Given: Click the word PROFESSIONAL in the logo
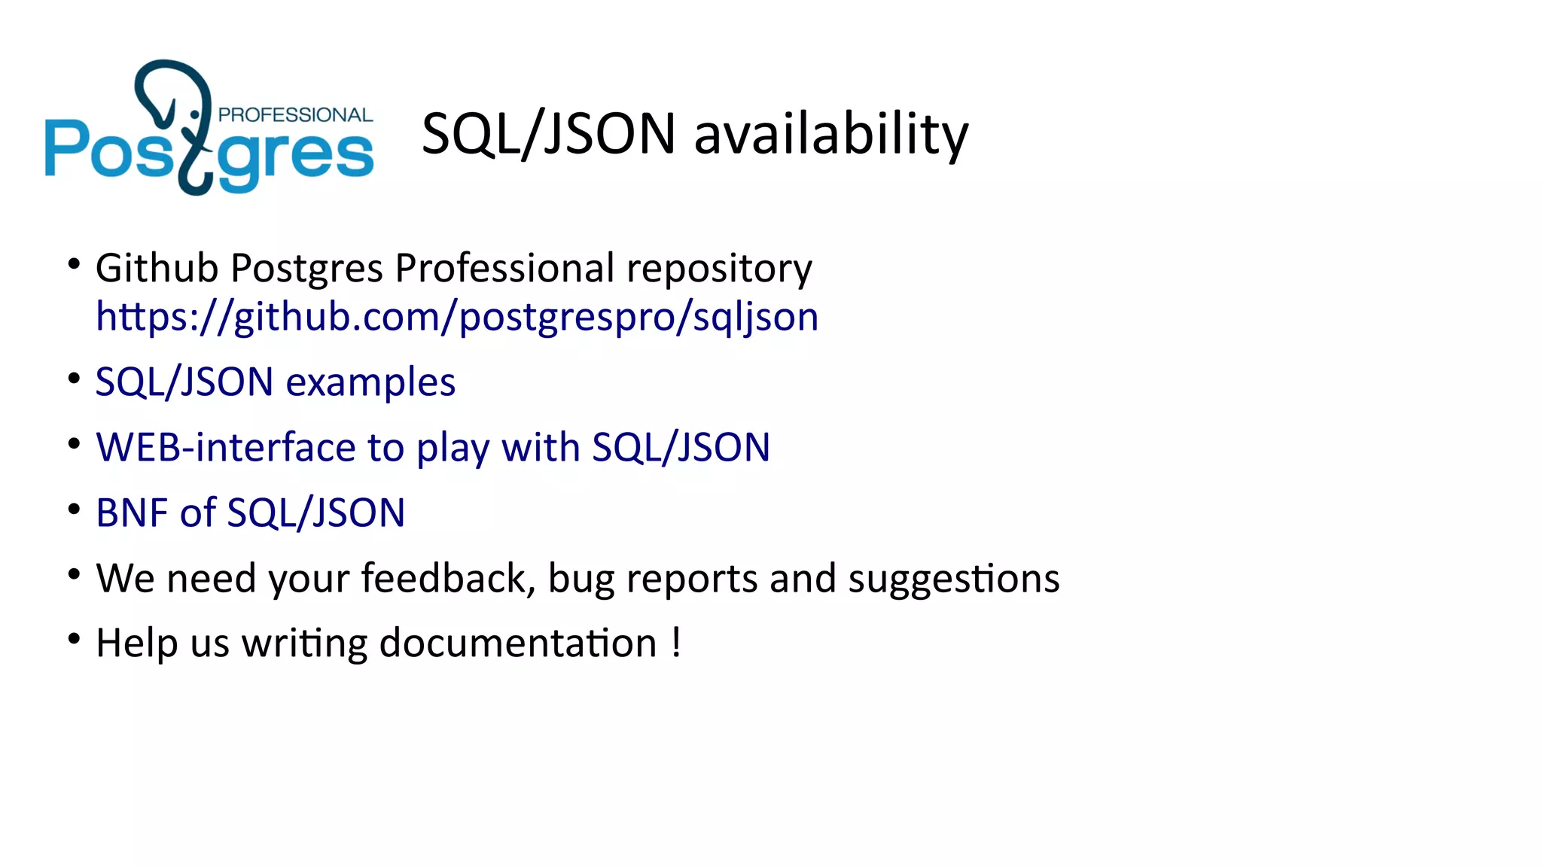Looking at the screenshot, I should click(x=295, y=115).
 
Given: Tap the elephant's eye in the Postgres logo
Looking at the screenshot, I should click(x=196, y=114).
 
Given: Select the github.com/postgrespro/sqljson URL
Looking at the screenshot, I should click(x=457, y=317).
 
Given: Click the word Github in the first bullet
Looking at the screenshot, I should click(x=157, y=268).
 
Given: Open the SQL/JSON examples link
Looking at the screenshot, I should click(x=276, y=382).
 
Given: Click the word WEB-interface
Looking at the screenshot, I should click(x=225, y=448).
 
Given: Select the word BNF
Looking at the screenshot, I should click(x=136, y=513).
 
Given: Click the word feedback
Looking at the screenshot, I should click(x=446, y=578).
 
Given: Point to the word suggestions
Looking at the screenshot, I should click(x=954, y=580).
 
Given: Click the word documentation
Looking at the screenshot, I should click(x=518, y=643).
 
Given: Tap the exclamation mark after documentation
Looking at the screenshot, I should click(x=676, y=643).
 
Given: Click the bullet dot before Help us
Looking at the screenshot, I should click(x=74, y=640).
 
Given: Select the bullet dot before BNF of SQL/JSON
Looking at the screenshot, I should click(x=74, y=510).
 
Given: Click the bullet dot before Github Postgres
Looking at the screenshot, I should click(x=74, y=264).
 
